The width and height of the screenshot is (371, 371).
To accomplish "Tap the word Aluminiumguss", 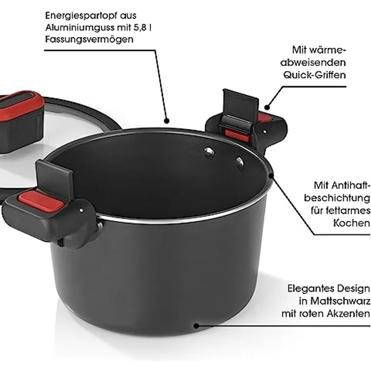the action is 81,28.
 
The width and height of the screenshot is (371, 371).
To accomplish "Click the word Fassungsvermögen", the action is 89,39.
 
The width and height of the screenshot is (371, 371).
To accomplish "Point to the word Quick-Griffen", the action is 315,75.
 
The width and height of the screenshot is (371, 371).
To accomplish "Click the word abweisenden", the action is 313,63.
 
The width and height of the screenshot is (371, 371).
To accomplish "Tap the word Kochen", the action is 351,223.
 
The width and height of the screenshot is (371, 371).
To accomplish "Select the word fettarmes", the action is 340,210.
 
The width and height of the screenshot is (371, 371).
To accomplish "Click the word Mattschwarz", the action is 340,301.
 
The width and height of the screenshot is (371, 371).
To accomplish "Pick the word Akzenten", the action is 348,314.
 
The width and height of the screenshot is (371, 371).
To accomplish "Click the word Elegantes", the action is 311,289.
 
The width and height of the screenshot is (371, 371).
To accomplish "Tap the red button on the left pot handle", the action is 41,202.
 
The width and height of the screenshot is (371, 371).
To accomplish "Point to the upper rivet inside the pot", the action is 209,152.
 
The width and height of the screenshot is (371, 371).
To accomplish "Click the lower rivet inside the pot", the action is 239,163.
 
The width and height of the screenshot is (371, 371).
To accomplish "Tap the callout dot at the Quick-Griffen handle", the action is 267,107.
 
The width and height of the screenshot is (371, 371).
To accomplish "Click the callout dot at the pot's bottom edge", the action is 196,326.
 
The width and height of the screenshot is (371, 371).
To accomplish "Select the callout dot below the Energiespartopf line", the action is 166,121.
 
